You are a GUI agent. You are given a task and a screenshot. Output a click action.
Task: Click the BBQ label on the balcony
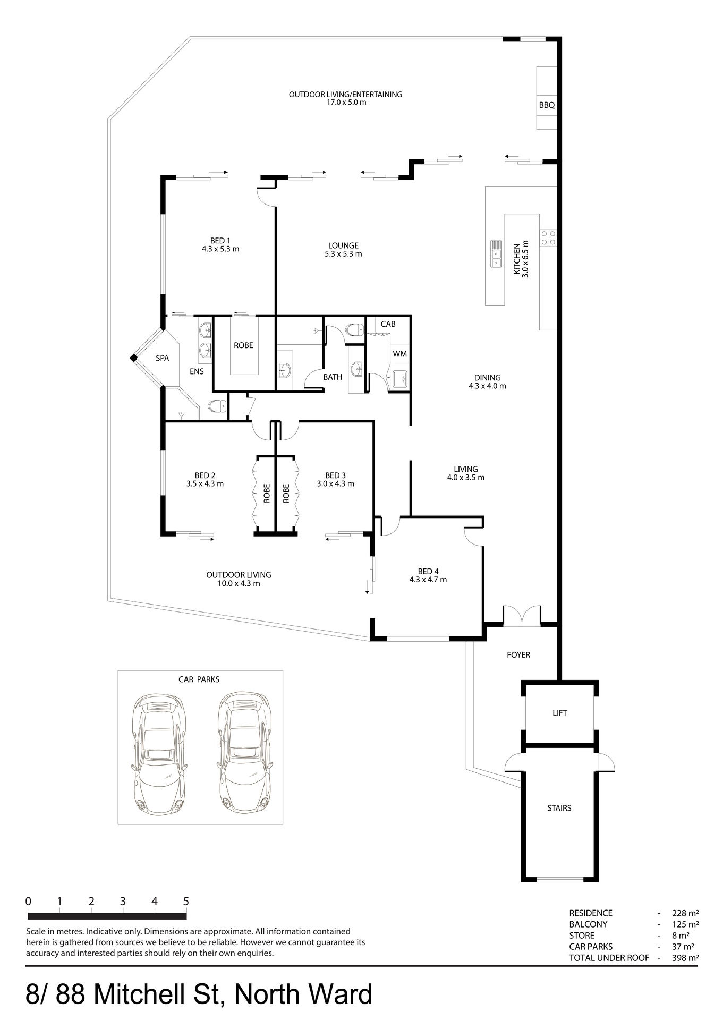[x=547, y=105]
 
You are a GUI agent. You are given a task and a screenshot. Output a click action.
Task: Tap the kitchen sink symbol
[x=496, y=254]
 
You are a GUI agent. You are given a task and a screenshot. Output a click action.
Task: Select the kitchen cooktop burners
[x=548, y=237]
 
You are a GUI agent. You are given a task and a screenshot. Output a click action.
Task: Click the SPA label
[x=163, y=358]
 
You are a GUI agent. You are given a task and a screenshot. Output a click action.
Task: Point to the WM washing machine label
[x=400, y=354]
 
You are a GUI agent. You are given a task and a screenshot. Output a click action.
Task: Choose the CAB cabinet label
[x=388, y=324]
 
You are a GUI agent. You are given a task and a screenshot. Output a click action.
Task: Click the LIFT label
[x=560, y=713]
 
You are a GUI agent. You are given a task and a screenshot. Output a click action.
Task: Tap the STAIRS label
[x=559, y=808]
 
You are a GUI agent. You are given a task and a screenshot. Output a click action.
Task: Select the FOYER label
[x=518, y=655]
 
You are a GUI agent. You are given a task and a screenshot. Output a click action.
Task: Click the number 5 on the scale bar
[x=186, y=901]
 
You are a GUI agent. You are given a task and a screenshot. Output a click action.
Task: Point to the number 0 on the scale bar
[x=28, y=901]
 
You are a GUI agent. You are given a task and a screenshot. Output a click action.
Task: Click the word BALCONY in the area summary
[x=588, y=924]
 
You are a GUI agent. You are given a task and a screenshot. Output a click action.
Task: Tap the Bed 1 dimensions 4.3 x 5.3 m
[x=220, y=249]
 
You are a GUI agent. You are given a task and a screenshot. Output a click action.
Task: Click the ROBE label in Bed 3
[x=286, y=493]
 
